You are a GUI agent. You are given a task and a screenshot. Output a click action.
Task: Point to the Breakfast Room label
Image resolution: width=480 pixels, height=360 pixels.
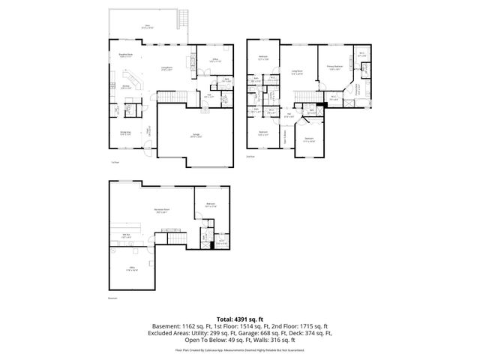124,55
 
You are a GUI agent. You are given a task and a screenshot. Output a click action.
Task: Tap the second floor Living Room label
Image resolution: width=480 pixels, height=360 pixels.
297,72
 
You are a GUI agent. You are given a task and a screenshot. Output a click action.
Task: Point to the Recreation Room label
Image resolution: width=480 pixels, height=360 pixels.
161,211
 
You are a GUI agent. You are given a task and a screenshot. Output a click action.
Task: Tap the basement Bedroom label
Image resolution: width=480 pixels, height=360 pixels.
211,204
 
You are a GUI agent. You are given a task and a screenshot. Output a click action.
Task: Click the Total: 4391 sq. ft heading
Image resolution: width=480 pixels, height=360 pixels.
239,319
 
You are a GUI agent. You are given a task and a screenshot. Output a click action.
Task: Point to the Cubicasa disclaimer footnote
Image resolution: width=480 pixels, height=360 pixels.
239,349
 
